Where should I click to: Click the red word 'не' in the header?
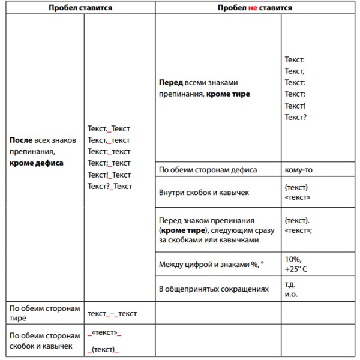pos(253,8)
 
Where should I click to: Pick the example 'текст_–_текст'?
pos(112,313)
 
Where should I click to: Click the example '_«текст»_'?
pos(104,332)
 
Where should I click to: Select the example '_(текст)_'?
pos(103,349)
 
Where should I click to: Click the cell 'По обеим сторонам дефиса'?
pos(208,170)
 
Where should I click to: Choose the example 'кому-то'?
pos(298,170)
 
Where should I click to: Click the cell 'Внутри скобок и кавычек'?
pos(204,193)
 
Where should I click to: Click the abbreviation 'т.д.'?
pos(290,284)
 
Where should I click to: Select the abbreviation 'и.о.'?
pos(291,294)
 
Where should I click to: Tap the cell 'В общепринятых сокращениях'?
pos(214,289)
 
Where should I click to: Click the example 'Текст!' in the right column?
pos(296,106)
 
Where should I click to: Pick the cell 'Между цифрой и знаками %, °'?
pos(211,264)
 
